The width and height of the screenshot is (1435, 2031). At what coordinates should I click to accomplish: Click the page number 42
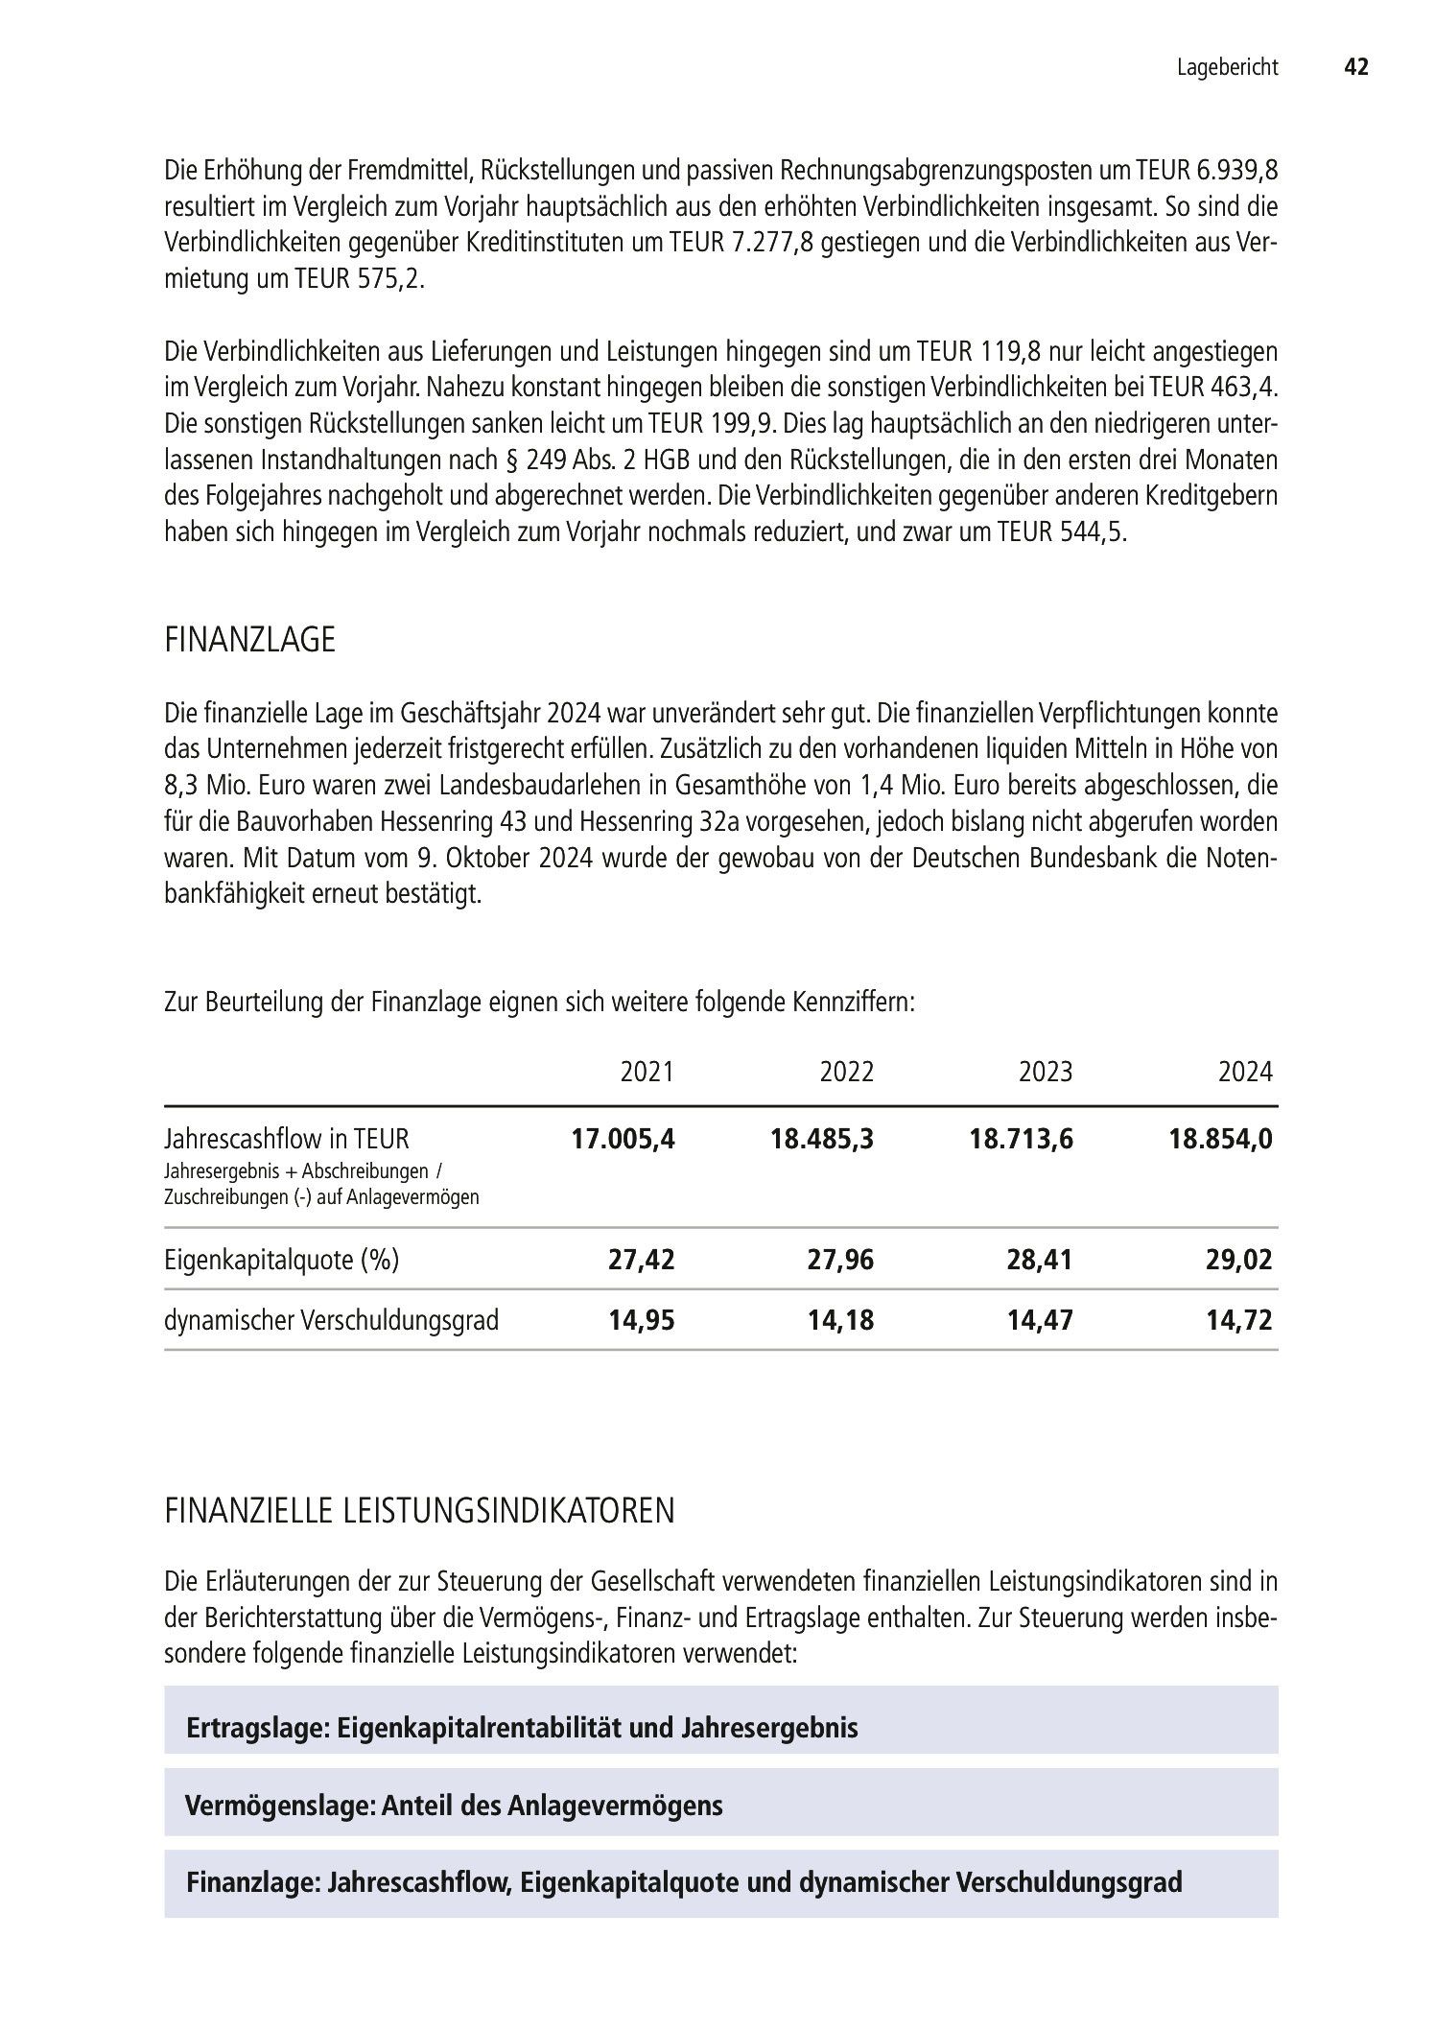(x=1355, y=67)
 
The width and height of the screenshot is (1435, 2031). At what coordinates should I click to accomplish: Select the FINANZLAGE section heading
(x=249, y=640)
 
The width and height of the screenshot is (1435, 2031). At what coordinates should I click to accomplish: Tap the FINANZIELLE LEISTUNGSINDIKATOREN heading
(x=419, y=1511)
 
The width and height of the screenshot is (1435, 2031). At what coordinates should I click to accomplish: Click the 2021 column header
(x=647, y=1072)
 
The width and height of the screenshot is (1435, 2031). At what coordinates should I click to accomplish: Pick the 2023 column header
(x=1046, y=1072)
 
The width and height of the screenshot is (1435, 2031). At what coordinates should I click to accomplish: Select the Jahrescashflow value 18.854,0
(x=1220, y=1139)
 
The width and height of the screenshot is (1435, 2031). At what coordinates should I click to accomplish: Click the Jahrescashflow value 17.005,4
(x=623, y=1139)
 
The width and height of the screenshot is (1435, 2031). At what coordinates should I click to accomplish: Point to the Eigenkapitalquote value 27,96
(x=840, y=1260)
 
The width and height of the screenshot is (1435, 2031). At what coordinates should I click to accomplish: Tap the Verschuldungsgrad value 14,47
(x=1040, y=1320)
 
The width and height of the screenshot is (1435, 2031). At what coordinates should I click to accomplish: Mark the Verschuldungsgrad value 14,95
(x=642, y=1320)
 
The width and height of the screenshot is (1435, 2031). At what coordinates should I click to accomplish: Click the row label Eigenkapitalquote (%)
(x=281, y=1260)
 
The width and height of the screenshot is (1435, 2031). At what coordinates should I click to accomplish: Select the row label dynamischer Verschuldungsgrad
(x=331, y=1320)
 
